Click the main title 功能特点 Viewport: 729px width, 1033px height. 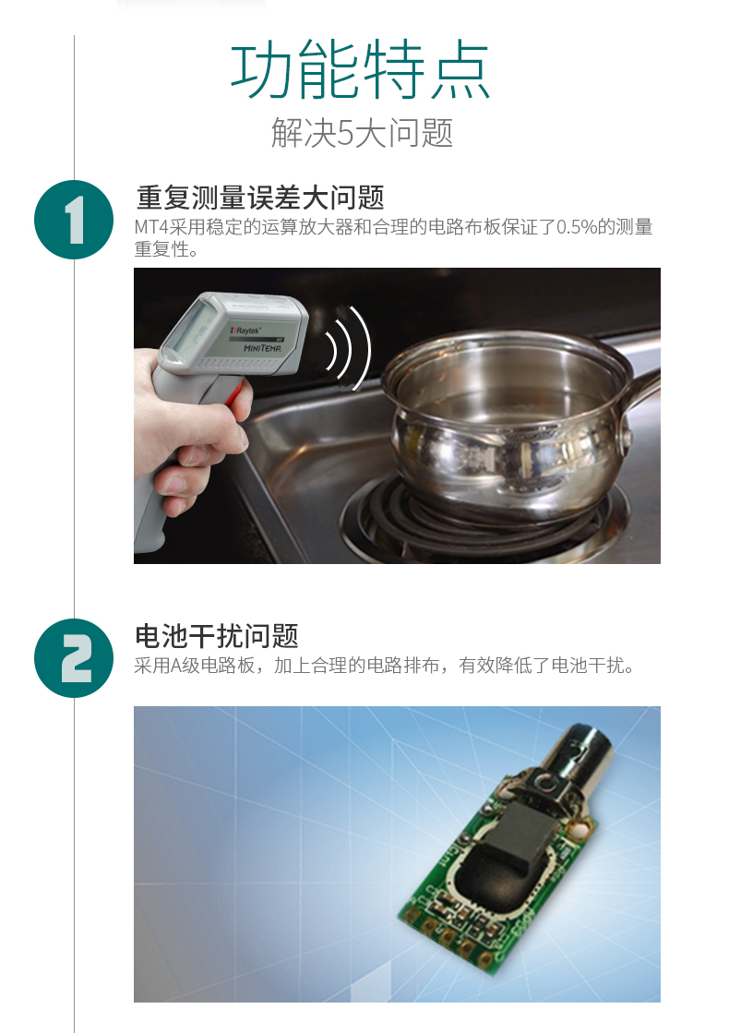point(360,70)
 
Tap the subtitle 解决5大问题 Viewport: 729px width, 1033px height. point(362,133)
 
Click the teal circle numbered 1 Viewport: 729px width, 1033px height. point(74,220)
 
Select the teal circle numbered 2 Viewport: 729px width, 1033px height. point(74,658)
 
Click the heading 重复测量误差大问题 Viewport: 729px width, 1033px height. point(260,197)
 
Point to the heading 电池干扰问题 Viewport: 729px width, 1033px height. point(217,636)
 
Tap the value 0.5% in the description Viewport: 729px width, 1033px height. point(577,227)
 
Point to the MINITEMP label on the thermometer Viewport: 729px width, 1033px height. point(262,348)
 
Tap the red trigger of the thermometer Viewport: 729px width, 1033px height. point(235,395)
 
